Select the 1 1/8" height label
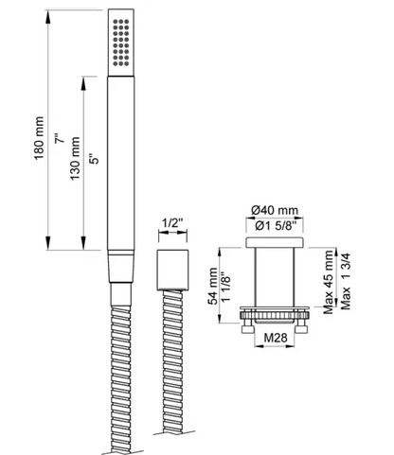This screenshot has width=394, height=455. click(227, 283)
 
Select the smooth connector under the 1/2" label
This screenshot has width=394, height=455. click(170, 267)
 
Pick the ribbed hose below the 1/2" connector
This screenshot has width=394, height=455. click(170, 369)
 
